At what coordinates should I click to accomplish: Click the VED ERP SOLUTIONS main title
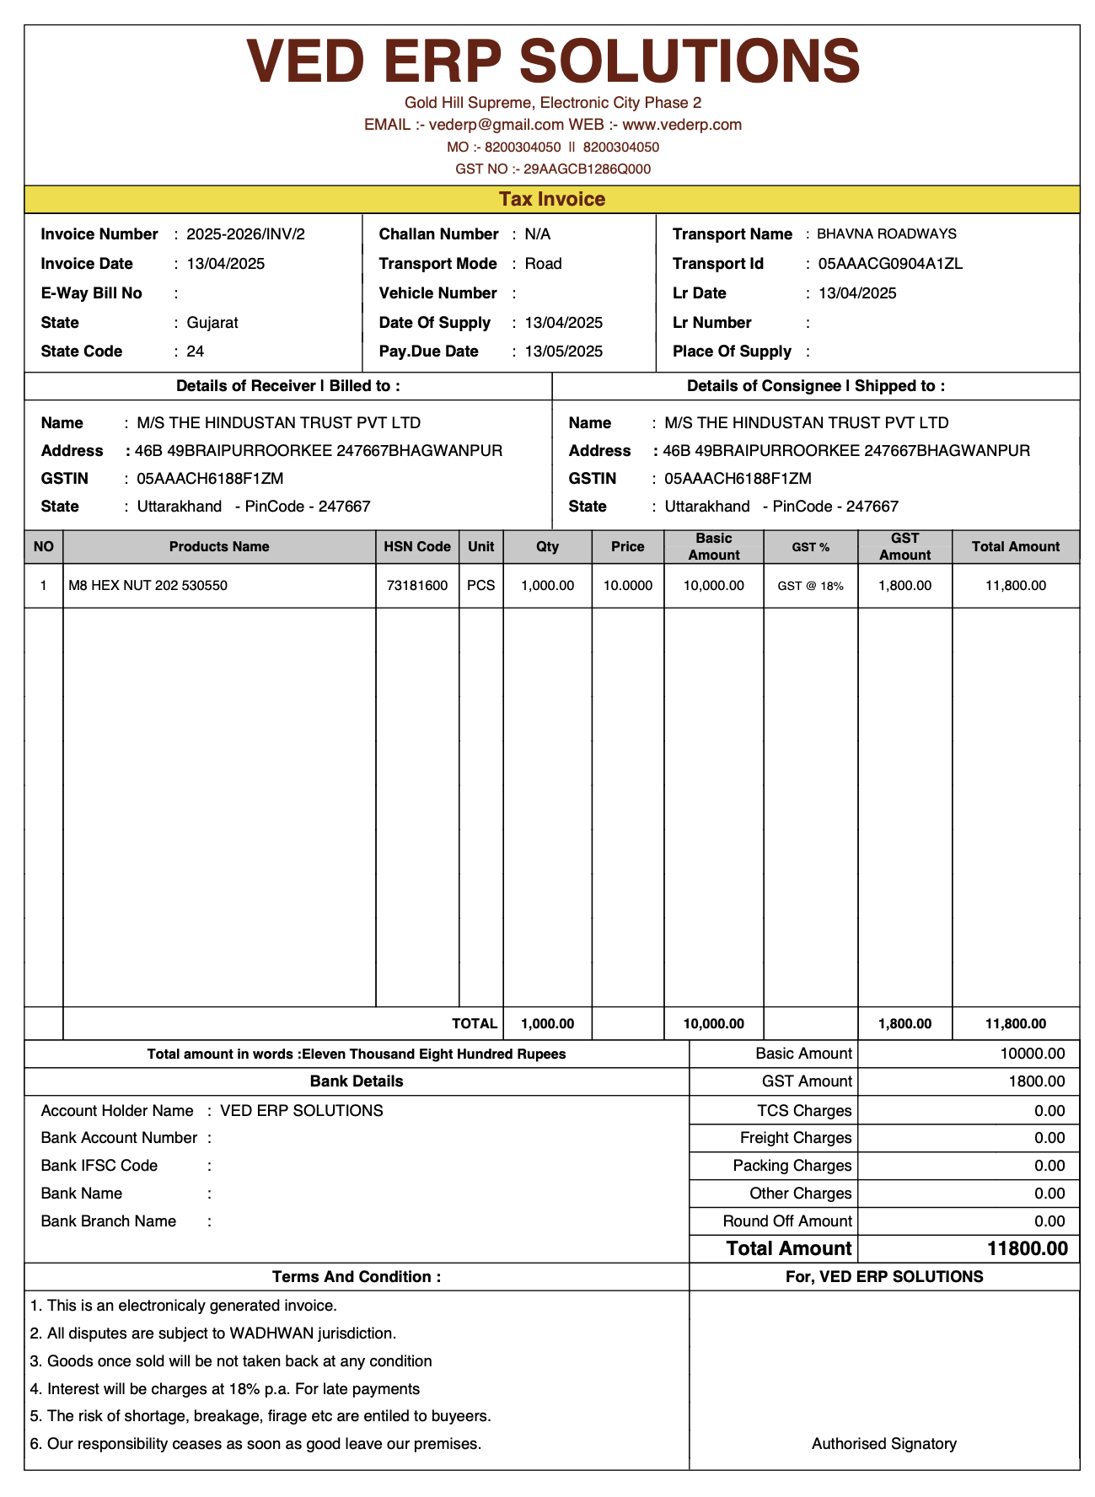click(552, 61)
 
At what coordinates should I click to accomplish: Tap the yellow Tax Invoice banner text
click(552, 199)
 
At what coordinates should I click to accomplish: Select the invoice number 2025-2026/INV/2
click(245, 234)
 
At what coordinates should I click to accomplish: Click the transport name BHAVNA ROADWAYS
click(887, 234)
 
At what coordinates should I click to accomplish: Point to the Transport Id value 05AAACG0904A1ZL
click(890, 264)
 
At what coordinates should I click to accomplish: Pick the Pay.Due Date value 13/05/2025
click(563, 351)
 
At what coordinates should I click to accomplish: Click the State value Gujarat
click(212, 323)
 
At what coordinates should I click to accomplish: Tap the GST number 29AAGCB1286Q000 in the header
click(588, 169)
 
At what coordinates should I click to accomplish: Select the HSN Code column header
click(417, 547)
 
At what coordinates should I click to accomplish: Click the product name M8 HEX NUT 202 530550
click(148, 586)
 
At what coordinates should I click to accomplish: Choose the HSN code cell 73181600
click(417, 586)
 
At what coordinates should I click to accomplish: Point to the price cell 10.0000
click(628, 586)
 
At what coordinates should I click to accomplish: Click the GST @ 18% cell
click(810, 586)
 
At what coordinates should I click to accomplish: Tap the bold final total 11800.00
click(1028, 1248)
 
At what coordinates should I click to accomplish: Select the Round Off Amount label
click(787, 1221)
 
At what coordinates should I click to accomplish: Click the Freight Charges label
click(796, 1138)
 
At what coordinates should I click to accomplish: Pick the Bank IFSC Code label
click(99, 1166)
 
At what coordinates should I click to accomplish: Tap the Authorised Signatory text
click(884, 1444)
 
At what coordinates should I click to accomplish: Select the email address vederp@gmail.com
click(497, 125)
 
